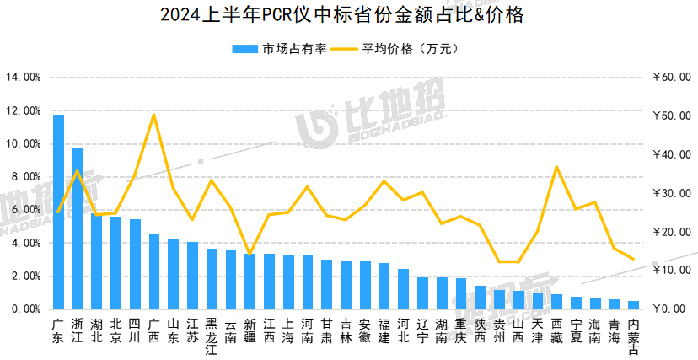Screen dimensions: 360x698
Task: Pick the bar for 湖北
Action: (x=97, y=261)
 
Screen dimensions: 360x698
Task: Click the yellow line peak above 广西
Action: (x=153, y=115)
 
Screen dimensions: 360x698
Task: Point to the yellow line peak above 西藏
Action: (x=556, y=167)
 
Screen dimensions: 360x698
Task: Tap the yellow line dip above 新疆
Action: (x=250, y=254)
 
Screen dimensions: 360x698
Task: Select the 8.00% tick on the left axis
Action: (x=25, y=177)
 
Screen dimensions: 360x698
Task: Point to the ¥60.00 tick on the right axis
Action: (x=672, y=78)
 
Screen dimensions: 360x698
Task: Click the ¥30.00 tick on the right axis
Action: (x=672, y=194)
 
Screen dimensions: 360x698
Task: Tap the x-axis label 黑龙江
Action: (x=212, y=336)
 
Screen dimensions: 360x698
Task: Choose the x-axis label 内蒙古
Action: (x=633, y=336)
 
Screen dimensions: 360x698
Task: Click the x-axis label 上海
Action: (x=288, y=330)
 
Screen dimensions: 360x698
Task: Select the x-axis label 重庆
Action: (x=460, y=330)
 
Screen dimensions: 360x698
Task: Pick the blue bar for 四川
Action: (x=135, y=264)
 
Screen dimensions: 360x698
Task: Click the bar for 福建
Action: (x=384, y=287)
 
